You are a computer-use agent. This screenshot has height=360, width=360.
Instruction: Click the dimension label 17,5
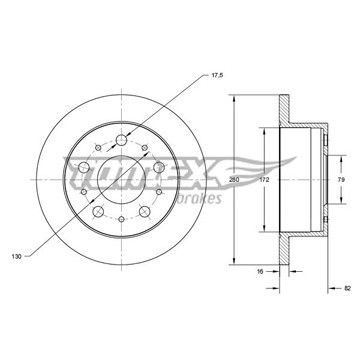217,75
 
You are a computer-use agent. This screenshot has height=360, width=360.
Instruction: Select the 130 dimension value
17,256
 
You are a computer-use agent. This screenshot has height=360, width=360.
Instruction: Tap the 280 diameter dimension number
234,180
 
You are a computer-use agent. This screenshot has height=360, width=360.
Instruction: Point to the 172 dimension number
264,180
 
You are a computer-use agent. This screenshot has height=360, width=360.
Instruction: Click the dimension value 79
341,180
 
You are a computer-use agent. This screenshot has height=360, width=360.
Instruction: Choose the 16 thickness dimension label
260,272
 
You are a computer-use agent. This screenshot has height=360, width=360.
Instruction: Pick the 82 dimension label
347,288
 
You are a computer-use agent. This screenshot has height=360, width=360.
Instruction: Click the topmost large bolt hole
121,140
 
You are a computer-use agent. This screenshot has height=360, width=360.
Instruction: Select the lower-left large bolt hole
98,211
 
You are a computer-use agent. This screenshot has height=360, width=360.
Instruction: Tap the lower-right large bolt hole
145,211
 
